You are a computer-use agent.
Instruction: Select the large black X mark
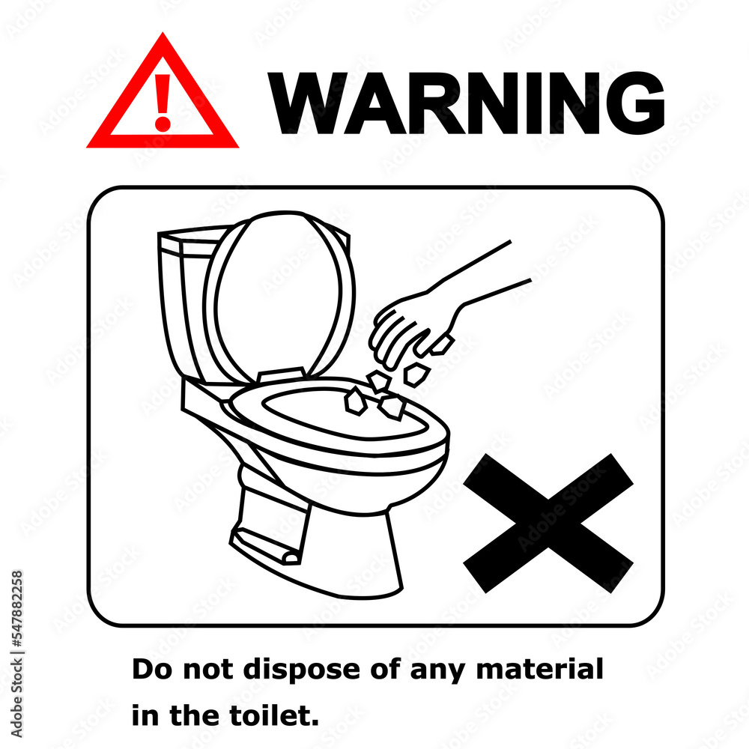pyautogui.click(x=548, y=522)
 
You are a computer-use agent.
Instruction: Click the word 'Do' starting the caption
pyautogui.click(x=148, y=669)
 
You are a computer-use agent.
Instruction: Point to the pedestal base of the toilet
pyautogui.click(x=352, y=547)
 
